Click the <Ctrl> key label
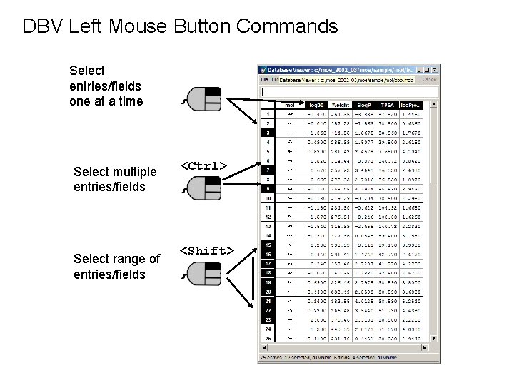coord(203,165)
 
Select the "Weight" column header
coord(341,104)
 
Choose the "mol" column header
coord(290,104)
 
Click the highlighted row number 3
coord(267,133)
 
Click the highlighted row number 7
coord(267,170)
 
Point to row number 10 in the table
coord(267,198)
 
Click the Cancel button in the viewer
coord(429,80)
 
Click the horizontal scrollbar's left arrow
coord(262,348)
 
